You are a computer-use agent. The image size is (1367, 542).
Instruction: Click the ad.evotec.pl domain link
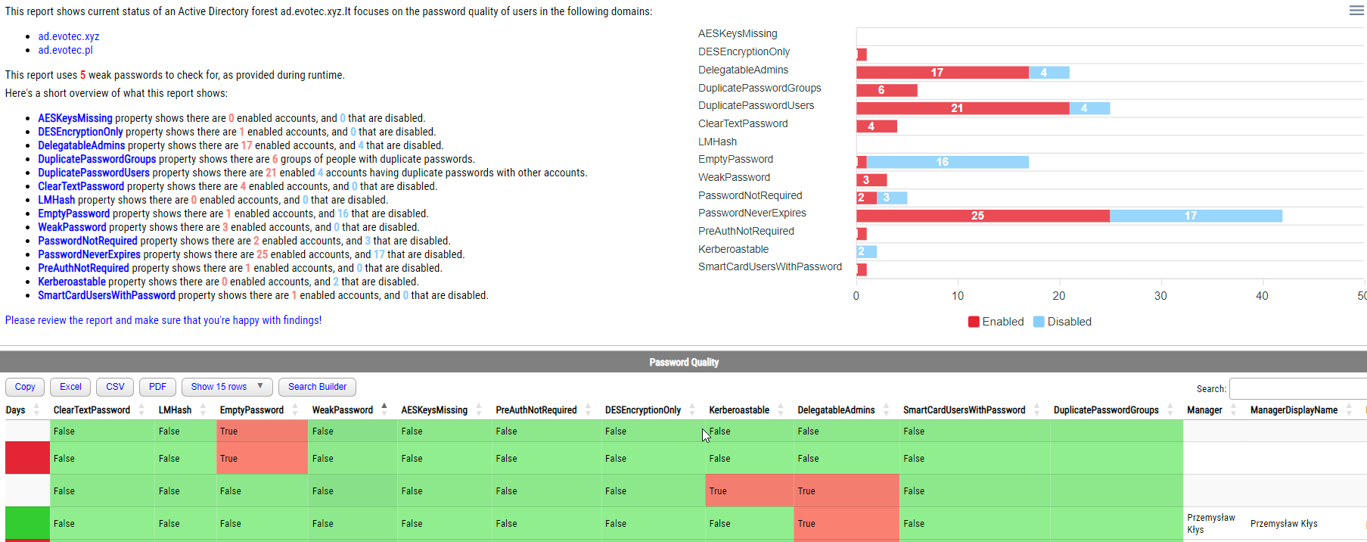(65, 50)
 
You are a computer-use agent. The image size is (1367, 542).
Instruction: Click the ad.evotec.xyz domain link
(69, 36)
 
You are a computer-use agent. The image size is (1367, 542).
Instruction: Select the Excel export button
(70, 387)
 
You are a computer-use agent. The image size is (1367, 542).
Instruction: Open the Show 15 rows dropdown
(226, 387)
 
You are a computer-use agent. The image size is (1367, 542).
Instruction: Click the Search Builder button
(317, 387)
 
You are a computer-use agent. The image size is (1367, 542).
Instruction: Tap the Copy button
(25, 387)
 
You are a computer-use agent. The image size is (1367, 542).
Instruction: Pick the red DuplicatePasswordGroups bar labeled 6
(886, 90)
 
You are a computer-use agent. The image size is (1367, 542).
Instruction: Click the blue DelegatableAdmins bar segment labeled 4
(1049, 73)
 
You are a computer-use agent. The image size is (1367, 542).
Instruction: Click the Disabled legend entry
(1062, 322)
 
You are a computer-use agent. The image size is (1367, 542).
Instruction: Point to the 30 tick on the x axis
(1160, 296)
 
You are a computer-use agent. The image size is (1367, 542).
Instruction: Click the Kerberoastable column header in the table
(738, 410)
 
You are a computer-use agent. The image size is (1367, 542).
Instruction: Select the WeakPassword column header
(342, 410)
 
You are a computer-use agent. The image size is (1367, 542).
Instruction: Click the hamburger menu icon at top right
(1356, 10)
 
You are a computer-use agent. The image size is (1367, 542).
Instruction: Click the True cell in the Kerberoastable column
(719, 491)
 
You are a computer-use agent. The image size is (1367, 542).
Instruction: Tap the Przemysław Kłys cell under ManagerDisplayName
(1284, 524)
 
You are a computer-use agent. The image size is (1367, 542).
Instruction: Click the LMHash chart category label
(717, 142)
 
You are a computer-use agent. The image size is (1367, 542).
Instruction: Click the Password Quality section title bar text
(683, 363)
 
